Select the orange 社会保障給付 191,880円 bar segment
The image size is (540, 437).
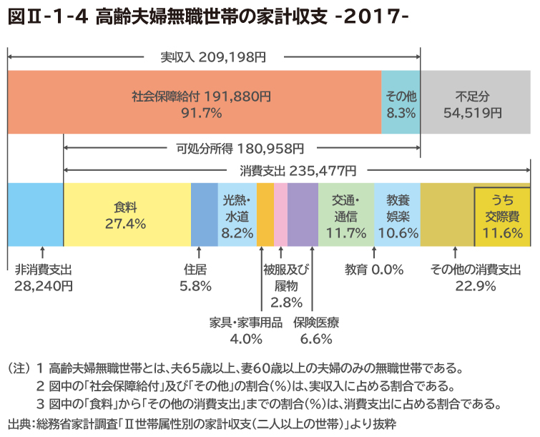(x=194, y=104)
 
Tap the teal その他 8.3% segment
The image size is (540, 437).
(x=401, y=104)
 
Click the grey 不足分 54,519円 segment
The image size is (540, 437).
(x=475, y=104)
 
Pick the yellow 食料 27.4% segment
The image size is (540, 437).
(x=127, y=215)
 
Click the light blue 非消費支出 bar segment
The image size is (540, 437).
(x=35, y=215)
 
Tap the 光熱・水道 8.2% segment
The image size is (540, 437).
(x=237, y=215)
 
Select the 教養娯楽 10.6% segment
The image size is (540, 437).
(x=397, y=215)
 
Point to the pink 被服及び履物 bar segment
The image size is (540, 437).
(x=280, y=215)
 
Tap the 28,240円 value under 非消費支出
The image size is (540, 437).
(x=43, y=286)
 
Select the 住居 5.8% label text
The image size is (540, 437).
(x=197, y=278)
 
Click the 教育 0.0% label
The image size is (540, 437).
(x=373, y=270)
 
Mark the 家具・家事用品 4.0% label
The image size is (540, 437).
(x=245, y=330)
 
